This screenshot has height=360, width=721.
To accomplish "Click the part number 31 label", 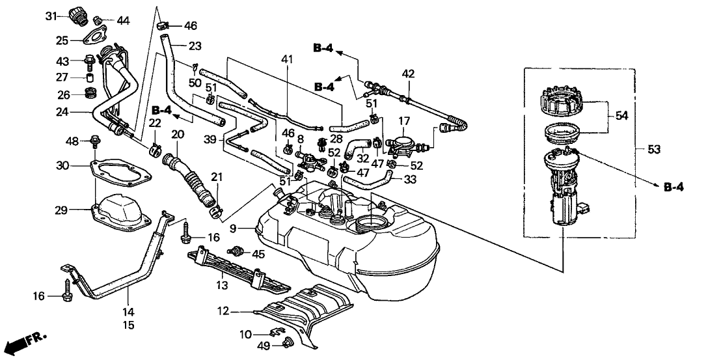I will (x=51, y=16).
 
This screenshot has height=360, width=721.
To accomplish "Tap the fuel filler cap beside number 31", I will (x=79, y=15).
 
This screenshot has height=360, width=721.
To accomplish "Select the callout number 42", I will (x=407, y=74).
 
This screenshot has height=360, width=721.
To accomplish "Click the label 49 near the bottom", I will (x=244, y=344).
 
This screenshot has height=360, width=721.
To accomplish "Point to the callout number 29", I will (x=62, y=210).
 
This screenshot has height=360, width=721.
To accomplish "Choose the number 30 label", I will (x=62, y=165).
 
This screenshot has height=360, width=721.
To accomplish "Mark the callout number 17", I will (x=404, y=120).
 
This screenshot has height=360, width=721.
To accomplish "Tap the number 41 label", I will (x=287, y=60).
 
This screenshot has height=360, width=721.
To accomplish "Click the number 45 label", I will (x=259, y=254).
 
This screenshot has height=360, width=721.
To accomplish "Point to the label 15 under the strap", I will (x=129, y=324).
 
